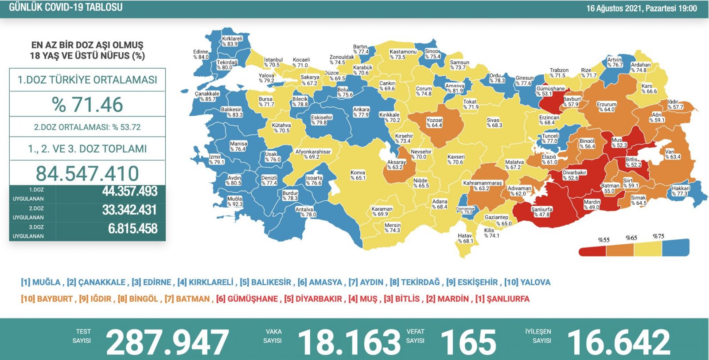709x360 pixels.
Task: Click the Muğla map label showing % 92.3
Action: [x=235, y=202]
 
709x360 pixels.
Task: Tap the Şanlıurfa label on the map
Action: [x=541, y=212]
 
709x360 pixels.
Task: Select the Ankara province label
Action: [x=361, y=112]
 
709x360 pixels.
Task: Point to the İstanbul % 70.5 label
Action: [x=273, y=63]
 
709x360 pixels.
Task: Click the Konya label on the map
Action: [x=358, y=175]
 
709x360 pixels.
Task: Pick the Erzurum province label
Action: [x=606, y=107]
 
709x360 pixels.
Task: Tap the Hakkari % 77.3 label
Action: [x=680, y=191]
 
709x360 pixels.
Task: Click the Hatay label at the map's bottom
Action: [x=465, y=239]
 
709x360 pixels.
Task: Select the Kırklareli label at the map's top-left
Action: [x=232, y=41]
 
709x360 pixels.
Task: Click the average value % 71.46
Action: [x=87, y=105]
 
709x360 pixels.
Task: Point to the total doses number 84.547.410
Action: [x=87, y=173]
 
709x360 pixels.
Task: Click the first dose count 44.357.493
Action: [x=129, y=192]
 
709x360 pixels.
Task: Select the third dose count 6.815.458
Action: [x=132, y=229]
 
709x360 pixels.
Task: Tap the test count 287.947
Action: [x=167, y=342]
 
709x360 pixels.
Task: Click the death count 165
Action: [x=468, y=342]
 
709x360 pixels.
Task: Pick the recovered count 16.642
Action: [x=619, y=342]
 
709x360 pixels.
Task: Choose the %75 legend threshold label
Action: [x=658, y=236]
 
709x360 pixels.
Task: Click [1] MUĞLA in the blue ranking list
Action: [x=40, y=282]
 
